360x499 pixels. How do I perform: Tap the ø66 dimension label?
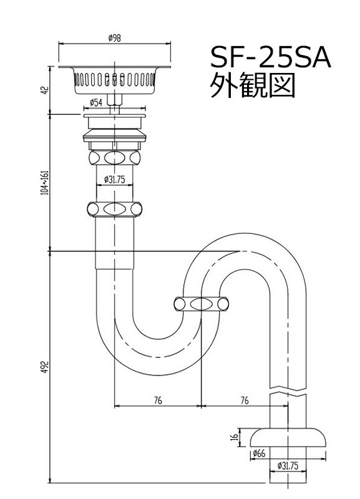tap(260, 453)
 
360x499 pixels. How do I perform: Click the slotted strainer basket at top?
tap(114, 81)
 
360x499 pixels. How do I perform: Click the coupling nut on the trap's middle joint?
tap(200, 305)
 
